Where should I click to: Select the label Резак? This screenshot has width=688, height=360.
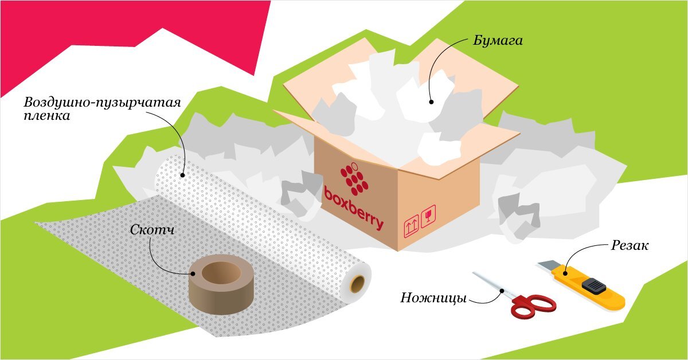pos(629,246)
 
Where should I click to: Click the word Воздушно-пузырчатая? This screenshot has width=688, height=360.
pos(103,103)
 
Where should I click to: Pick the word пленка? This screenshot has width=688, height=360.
pos(47,116)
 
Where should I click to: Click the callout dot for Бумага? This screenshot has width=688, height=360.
pos(431,101)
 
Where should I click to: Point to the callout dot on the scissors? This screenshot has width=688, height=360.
pos(503,291)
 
